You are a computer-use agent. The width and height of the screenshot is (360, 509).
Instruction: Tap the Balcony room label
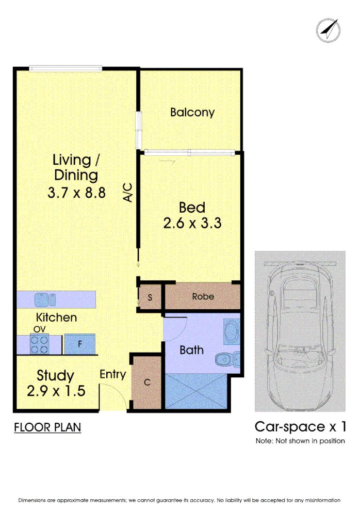(192, 112)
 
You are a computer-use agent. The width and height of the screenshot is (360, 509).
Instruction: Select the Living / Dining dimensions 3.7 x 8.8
(76, 193)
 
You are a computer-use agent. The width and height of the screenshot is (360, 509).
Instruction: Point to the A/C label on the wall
(129, 192)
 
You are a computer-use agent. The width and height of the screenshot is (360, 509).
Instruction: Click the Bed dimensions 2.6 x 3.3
(192, 224)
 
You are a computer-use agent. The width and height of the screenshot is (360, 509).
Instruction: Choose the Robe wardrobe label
(203, 297)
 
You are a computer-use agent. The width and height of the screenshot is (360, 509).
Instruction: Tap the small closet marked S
(150, 297)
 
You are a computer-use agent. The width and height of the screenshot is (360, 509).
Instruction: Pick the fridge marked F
(79, 344)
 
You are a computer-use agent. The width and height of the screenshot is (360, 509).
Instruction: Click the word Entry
(112, 374)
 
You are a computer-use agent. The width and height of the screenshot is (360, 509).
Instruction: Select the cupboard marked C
(147, 383)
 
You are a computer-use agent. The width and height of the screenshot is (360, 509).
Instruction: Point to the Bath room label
(191, 350)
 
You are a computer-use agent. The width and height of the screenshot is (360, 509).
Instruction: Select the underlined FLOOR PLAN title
(47, 427)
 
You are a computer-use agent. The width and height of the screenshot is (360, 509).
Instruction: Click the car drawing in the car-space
(300, 330)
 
